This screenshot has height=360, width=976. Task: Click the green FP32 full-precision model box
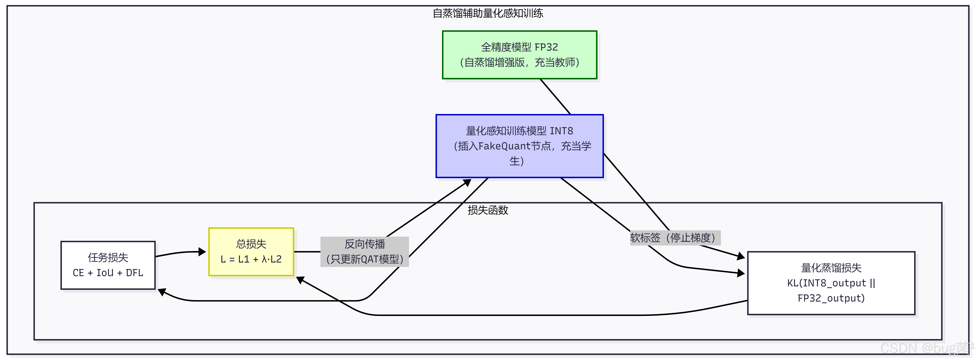click(519, 55)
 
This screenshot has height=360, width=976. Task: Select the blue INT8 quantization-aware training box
click(519, 146)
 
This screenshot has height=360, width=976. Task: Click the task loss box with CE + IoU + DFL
click(108, 265)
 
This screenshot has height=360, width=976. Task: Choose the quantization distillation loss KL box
click(831, 283)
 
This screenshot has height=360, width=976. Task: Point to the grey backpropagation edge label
click(365, 252)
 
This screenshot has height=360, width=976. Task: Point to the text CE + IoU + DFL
click(108, 273)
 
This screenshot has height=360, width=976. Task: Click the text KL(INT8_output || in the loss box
click(831, 283)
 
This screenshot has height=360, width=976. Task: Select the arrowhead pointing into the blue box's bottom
click(467, 183)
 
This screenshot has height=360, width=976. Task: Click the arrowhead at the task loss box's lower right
click(162, 292)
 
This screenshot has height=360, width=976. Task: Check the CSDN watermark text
click(924, 348)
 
